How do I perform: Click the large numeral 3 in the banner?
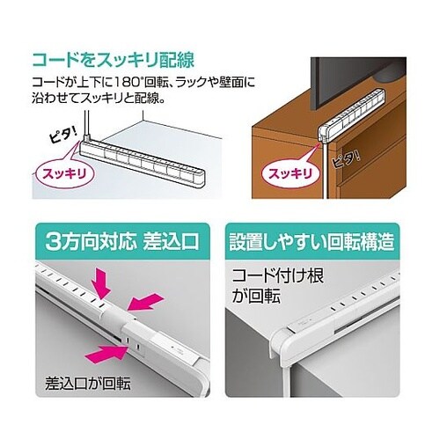click(x=55, y=239)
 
